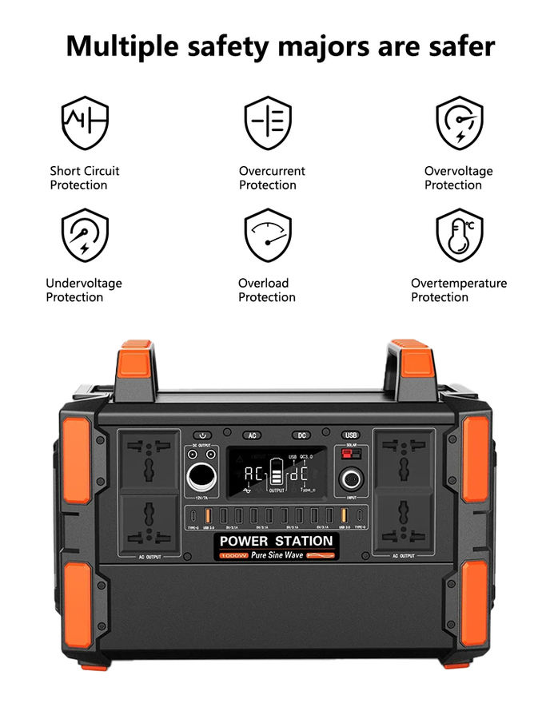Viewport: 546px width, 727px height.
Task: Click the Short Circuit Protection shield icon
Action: point(85,122)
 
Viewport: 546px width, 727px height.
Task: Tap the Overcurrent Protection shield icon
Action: point(268,122)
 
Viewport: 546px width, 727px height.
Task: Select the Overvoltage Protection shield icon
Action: point(459,122)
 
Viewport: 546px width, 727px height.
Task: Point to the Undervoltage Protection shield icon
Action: point(85,235)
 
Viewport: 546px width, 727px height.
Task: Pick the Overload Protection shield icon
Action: point(268,235)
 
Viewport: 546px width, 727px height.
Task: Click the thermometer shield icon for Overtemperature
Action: point(459,235)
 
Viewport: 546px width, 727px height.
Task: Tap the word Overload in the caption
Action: point(263,283)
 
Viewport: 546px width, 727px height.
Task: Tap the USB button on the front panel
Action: point(351,435)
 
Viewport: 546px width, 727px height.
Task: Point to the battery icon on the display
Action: point(276,473)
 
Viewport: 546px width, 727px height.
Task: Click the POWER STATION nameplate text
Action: point(276,542)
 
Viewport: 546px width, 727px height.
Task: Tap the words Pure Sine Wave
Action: point(277,554)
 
